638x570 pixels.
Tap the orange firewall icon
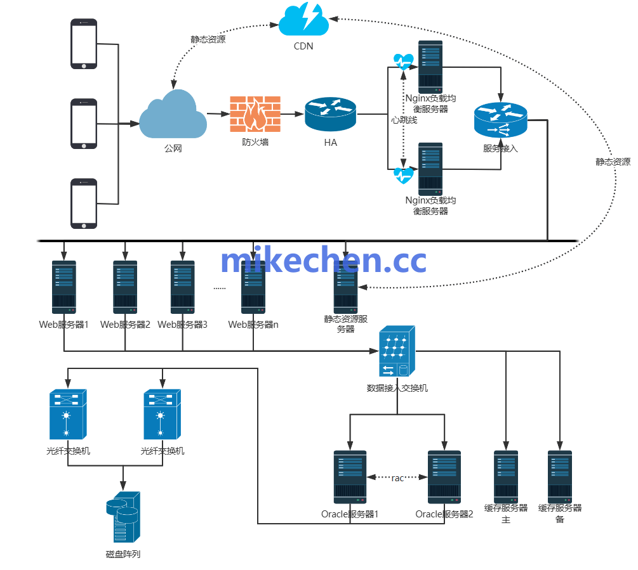point(254,115)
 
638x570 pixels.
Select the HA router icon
point(331,115)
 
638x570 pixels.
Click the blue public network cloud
point(173,115)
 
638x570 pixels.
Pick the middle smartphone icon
point(84,124)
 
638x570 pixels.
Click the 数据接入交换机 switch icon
point(397,352)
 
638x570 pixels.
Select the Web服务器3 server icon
point(182,287)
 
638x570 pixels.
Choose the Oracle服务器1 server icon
point(350,477)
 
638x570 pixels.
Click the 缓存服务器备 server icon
point(560,477)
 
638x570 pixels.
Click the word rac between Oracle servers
point(397,478)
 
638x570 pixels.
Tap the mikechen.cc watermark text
point(323,261)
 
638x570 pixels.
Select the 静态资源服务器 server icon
point(346,287)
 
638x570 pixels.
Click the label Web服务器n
point(253,325)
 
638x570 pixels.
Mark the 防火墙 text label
point(255,142)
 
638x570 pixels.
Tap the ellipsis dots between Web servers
point(219,288)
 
